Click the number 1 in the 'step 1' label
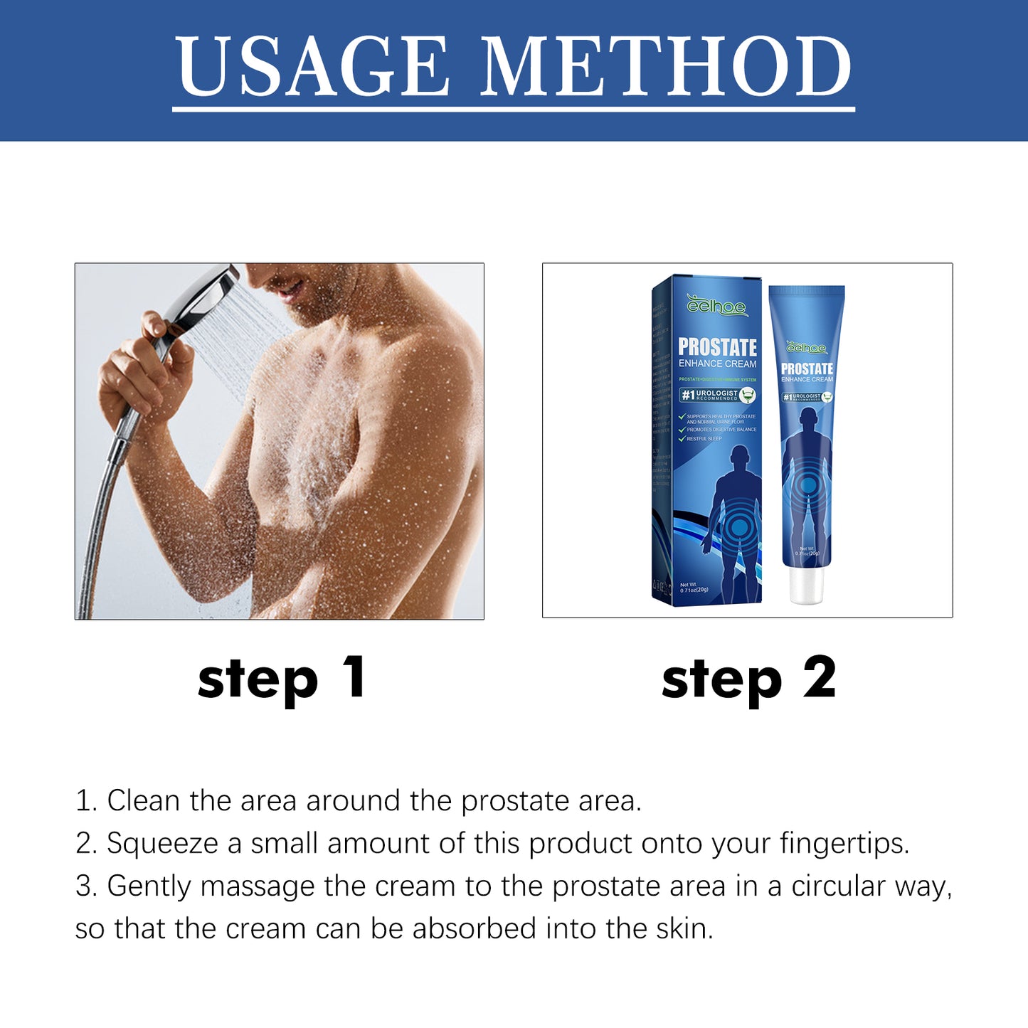coord(354,677)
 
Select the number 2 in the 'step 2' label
coord(820,678)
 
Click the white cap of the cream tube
coord(806,584)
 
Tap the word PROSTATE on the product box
coord(717,347)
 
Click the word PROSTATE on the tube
coord(807,369)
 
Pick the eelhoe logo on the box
coord(716,307)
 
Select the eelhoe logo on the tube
coord(807,348)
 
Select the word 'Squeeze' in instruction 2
coord(162,844)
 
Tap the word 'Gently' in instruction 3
coord(149,887)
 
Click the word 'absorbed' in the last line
coord(474,929)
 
